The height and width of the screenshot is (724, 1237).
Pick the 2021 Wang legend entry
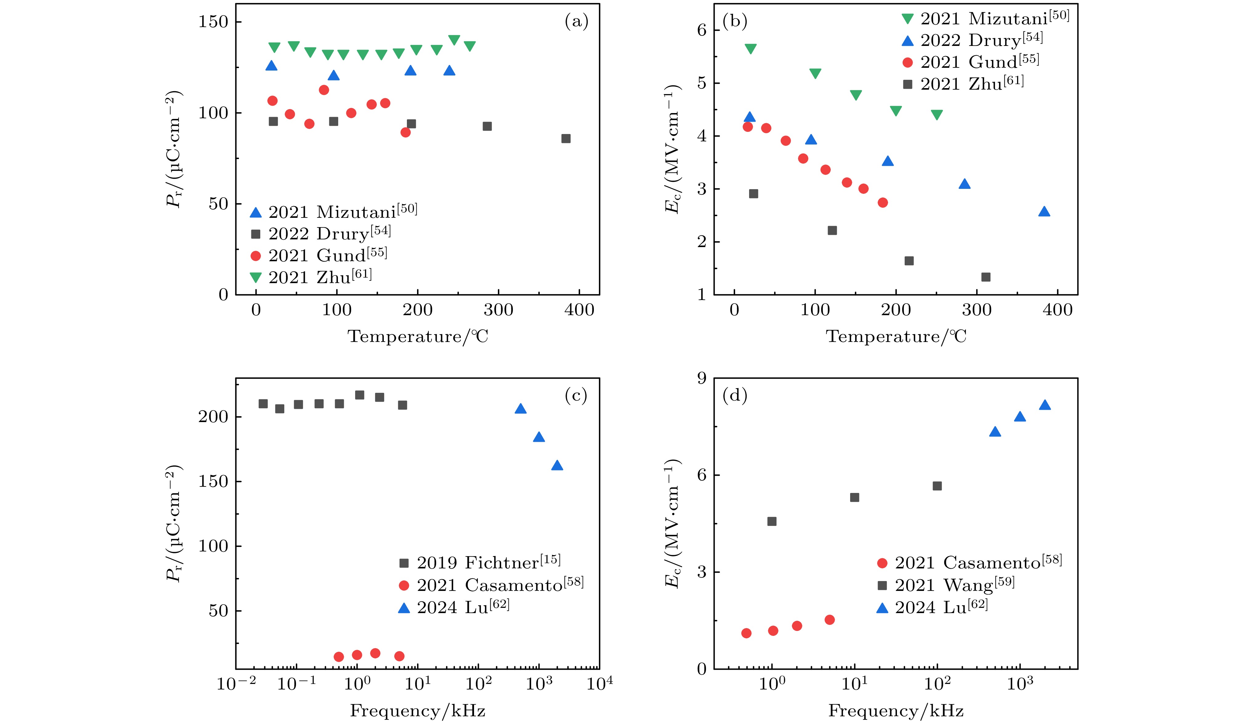(x=945, y=585)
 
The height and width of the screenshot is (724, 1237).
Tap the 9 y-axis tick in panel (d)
(x=701, y=378)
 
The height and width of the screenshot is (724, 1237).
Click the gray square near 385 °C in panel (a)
(x=566, y=139)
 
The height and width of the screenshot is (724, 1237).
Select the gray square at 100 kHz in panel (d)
(x=937, y=486)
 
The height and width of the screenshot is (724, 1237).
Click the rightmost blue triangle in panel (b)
(x=1044, y=212)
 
